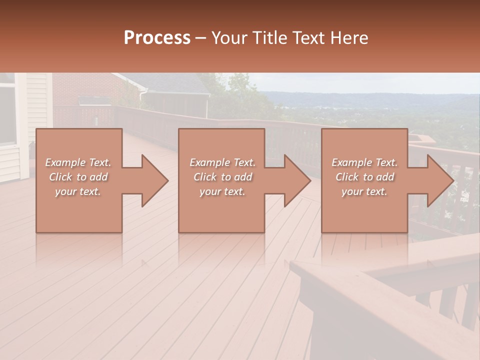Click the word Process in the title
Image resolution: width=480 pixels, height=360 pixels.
coord(157,38)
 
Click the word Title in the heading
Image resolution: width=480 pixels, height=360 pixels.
coord(270,38)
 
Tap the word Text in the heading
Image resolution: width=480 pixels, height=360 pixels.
coord(309,38)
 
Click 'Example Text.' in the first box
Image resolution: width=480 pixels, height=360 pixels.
coord(78,162)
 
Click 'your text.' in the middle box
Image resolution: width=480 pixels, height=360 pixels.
coord(222,191)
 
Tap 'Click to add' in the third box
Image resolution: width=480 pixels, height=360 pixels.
coord(364,177)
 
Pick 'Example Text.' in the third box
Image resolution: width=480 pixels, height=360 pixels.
coord(364,162)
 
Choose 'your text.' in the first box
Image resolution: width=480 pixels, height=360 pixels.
coord(78,191)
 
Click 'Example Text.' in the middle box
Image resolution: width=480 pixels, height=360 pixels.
coord(222,162)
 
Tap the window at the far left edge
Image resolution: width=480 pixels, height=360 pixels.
coord(7,115)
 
